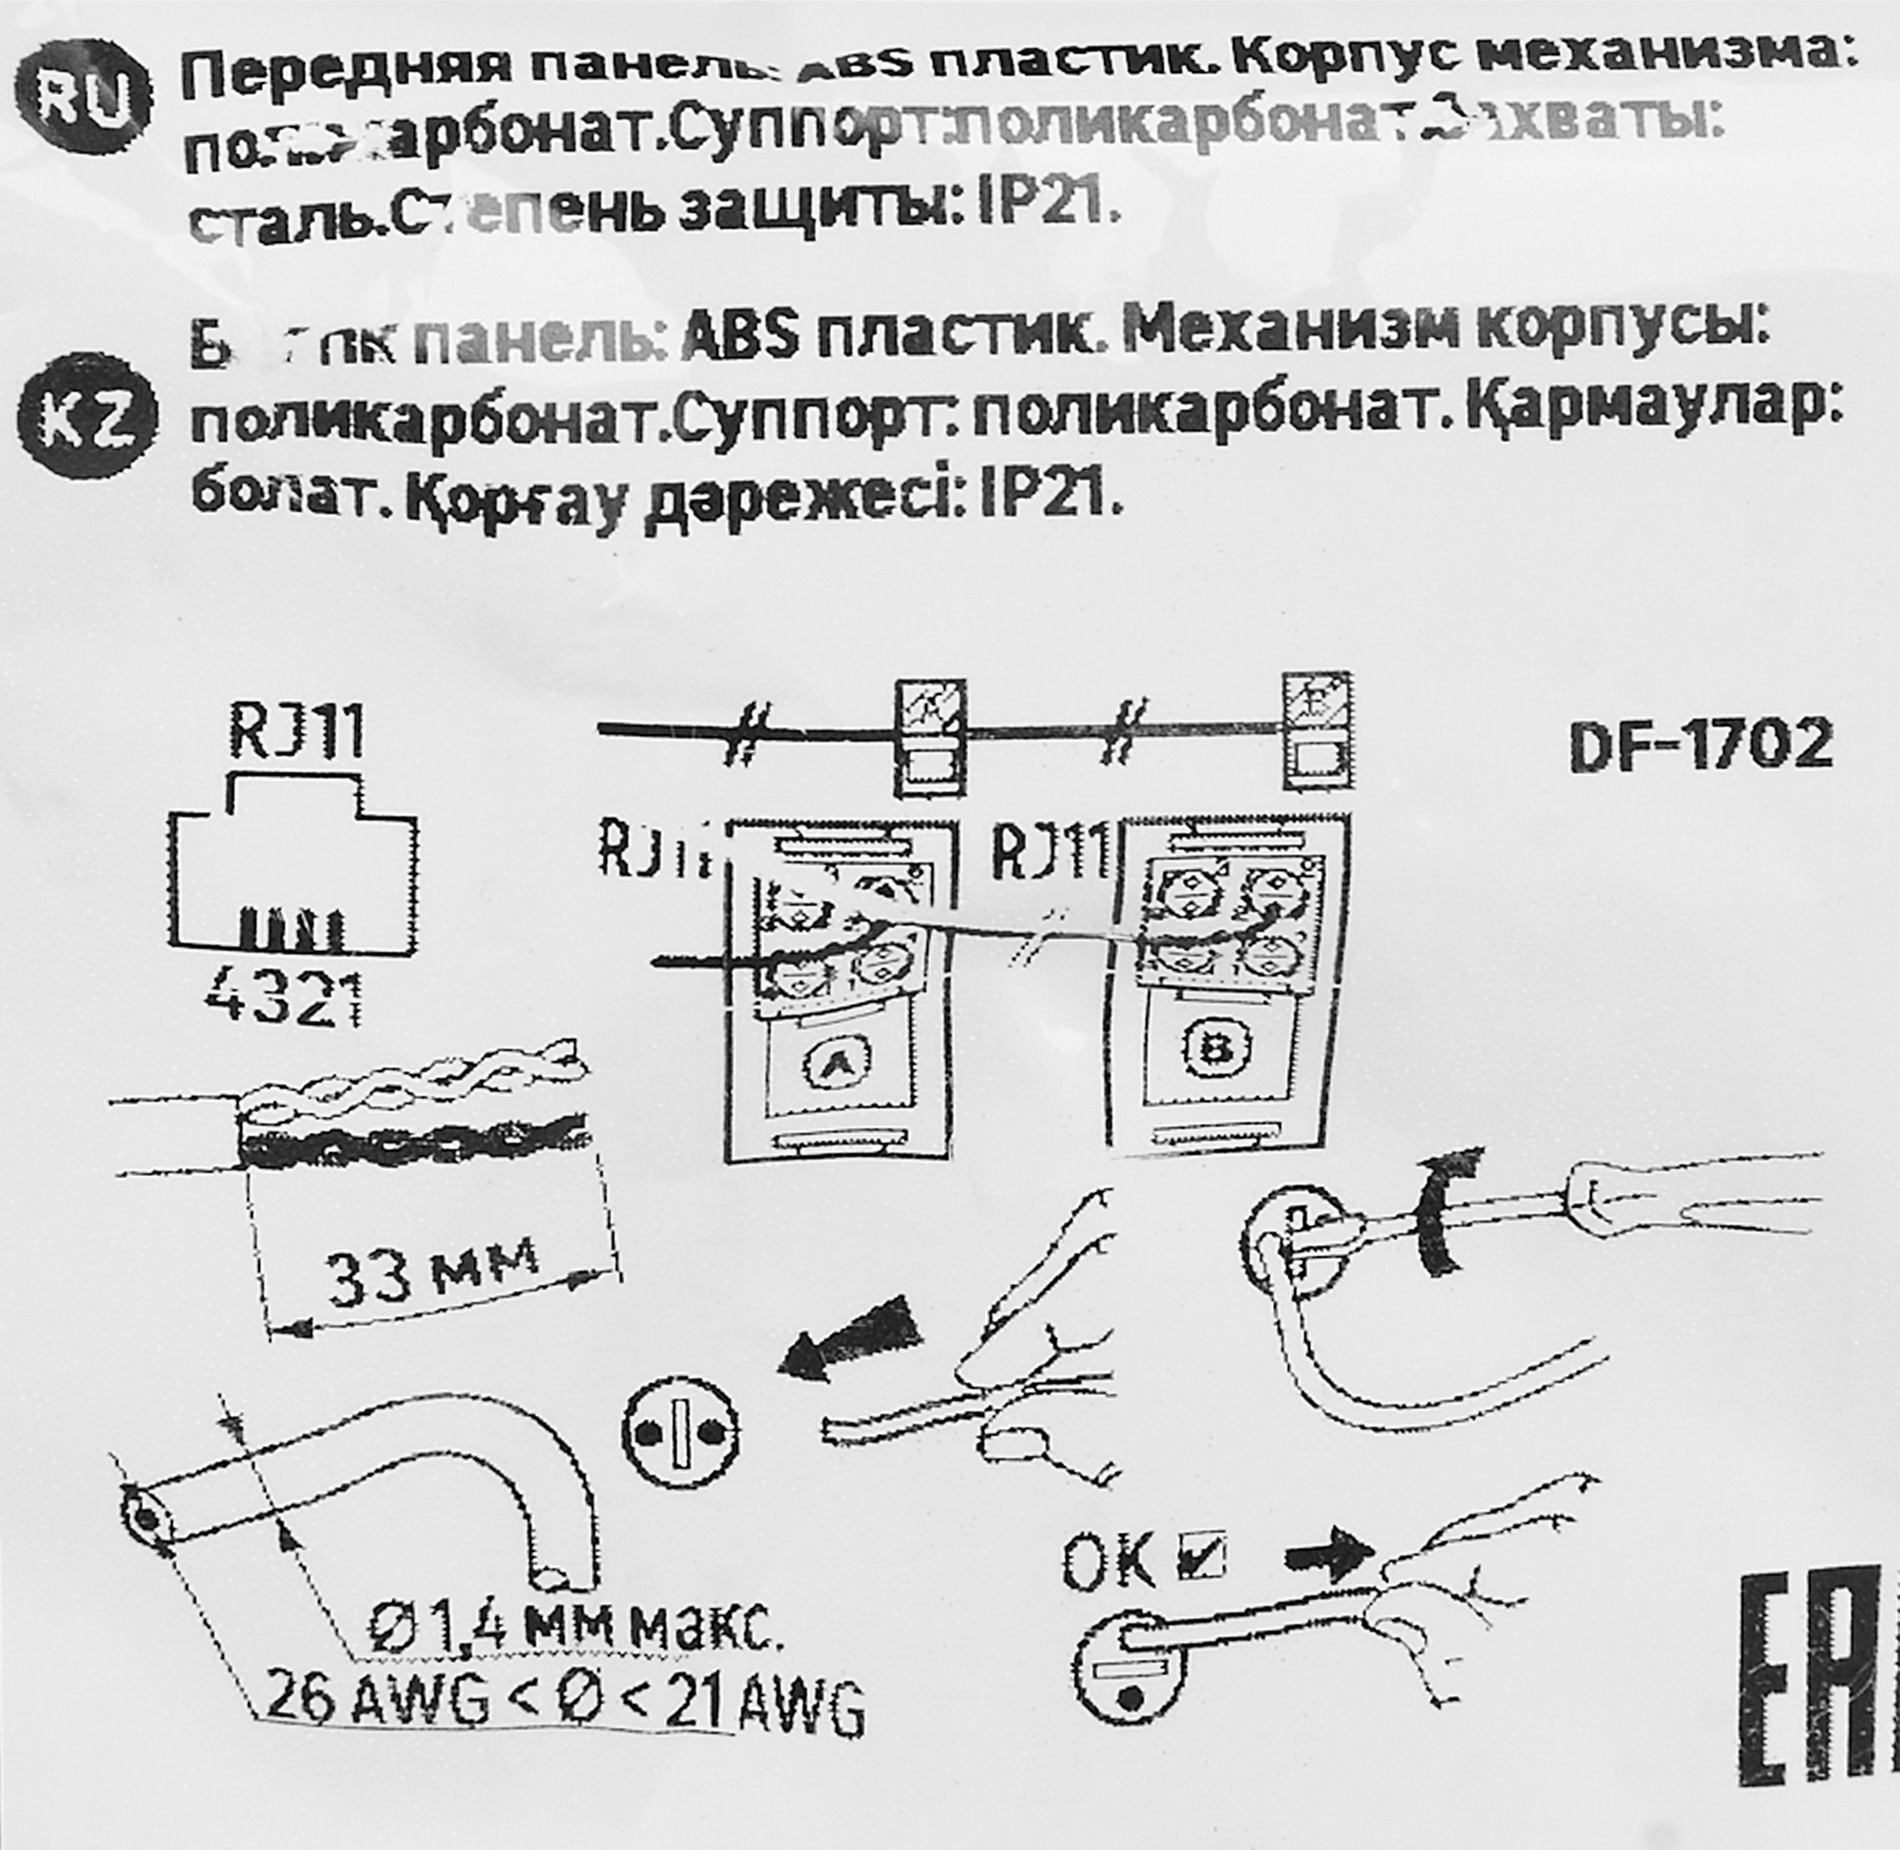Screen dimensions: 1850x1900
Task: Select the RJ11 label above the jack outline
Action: [x=296, y=732]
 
